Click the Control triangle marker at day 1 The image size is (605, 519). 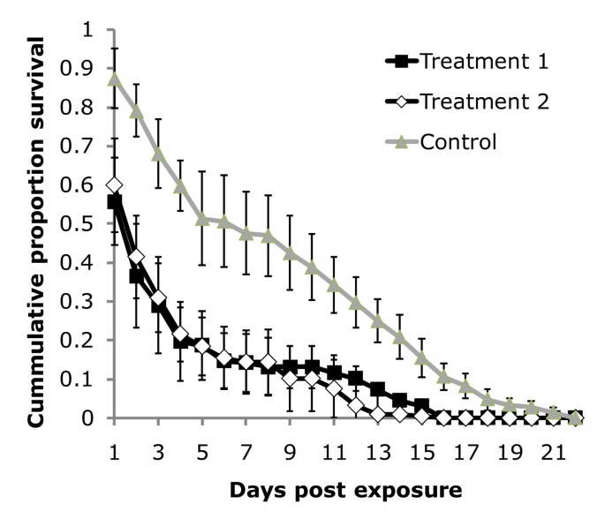coord(115,79)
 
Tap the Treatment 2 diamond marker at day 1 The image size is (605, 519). coord(115,185)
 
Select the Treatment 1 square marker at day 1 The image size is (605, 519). coord(115,202)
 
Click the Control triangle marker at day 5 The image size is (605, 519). coord(202,218)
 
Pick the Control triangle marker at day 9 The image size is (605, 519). coord(290,252)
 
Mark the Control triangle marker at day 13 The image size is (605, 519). coord(378,320)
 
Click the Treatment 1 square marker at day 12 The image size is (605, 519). coord(356,378)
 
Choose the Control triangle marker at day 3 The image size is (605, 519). coord(158,154)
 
